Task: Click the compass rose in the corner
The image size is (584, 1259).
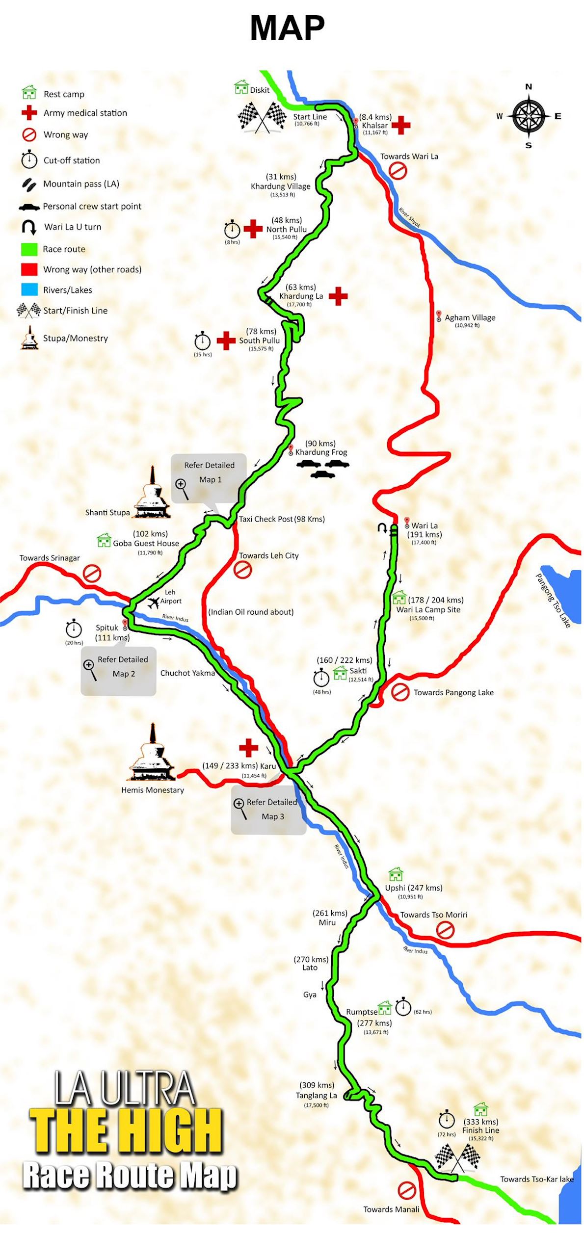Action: (529, 116)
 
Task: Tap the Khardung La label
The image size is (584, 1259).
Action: (301, 296)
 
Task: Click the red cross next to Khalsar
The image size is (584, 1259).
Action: (400, 125)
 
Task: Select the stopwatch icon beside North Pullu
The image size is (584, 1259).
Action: (232, 229)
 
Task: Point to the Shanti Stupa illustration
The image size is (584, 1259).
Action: (153, 493)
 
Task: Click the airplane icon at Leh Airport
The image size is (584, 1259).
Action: (153, 602)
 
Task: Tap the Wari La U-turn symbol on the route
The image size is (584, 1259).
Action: (382, 528)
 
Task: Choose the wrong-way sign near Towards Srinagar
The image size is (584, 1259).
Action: (92, 573)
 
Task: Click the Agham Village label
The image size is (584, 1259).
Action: (470, 317)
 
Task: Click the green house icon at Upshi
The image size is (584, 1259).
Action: (396, 874)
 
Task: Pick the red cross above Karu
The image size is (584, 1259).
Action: (248, 748)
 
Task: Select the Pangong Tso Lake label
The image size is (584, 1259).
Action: (553, 600)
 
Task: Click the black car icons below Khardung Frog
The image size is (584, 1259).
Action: (322, 468)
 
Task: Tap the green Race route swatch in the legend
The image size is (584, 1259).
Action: (29, 249)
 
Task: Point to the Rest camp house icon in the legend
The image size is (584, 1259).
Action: (29, 92)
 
